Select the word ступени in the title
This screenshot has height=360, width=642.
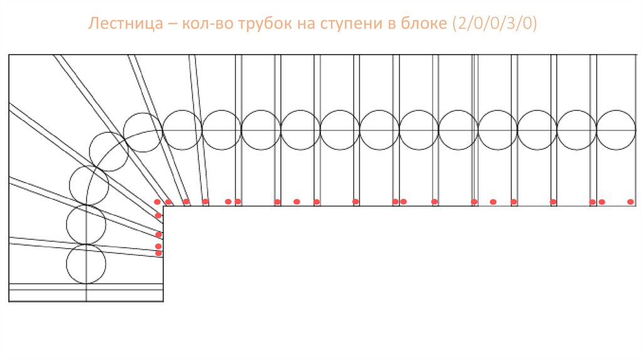pos(351,25)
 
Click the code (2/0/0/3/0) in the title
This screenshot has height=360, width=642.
pos(496,25)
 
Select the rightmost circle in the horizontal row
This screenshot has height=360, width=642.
pos(616,130)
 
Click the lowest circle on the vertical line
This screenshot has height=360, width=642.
pos(86,264)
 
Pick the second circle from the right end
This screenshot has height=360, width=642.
pos(577,130)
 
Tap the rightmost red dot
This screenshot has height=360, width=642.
pos(631,202)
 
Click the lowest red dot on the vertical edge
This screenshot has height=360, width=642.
pos(159,253)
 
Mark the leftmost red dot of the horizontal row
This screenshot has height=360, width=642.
pos(157,202)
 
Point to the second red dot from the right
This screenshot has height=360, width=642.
pos(602,202)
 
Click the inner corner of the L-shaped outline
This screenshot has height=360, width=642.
pos(164,206)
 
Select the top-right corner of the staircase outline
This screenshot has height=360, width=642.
pos(636,55)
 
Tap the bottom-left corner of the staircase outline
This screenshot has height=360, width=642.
pos(9,302)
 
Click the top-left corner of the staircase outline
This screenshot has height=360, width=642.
pos(9,55)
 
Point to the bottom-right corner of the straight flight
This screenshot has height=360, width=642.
pos(636,206)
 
